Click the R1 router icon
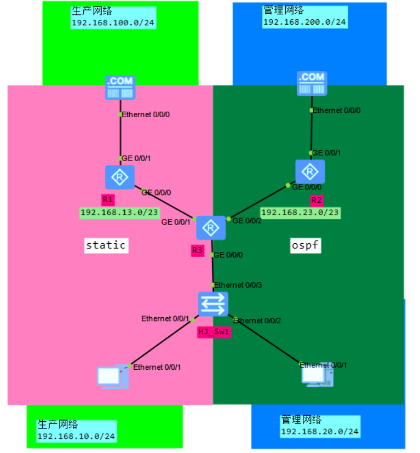pos(120,177)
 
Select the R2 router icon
pos(310,172)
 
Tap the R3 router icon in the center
pos(211,228)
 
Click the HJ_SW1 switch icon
pos(213,303)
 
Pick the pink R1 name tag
pos(108,199)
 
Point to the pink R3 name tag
pos(198,251)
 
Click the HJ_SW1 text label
pos(214,331)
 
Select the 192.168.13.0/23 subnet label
pos(119,213)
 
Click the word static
pos(106,245)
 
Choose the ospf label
pos(305,246)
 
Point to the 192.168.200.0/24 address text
pos(304,22)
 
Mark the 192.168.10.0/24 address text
pos(76,437)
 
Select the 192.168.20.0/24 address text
pos(320,432)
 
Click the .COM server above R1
pos(120,88)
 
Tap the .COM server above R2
pos(311,83)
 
